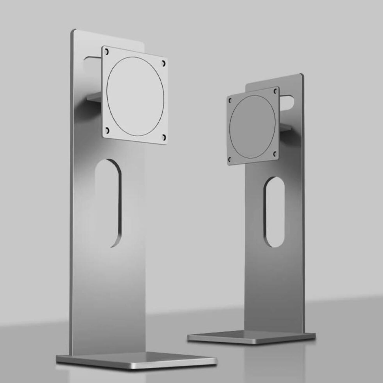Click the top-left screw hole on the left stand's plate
coord(107,52)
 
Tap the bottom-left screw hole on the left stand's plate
coord(107,131)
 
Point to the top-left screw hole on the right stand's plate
coord(230,101)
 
